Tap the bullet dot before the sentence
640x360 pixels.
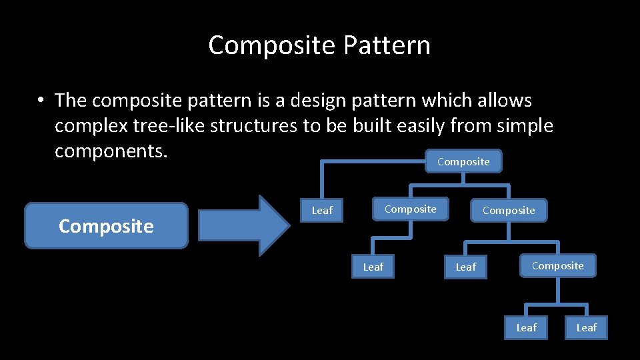click(x=41, y=101)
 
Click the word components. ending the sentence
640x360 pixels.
click(x=110, y=151)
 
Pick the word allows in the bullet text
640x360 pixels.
click(x=504, y=101)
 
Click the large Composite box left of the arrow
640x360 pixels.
click(x=106, y=226)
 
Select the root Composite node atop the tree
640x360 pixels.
click(x=463, y=161)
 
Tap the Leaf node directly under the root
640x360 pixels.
click(x=322, y=210)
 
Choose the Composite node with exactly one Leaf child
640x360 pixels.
click(x=410, y=209)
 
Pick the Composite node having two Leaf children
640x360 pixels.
click(x=557, y=265)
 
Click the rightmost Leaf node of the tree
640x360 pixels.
click(x=586, y=327)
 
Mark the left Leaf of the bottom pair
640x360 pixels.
click(x=526, y=327)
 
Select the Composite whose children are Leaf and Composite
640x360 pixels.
click(x=509, y=210)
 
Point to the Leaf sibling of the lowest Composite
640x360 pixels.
click(x=465, y=267)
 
